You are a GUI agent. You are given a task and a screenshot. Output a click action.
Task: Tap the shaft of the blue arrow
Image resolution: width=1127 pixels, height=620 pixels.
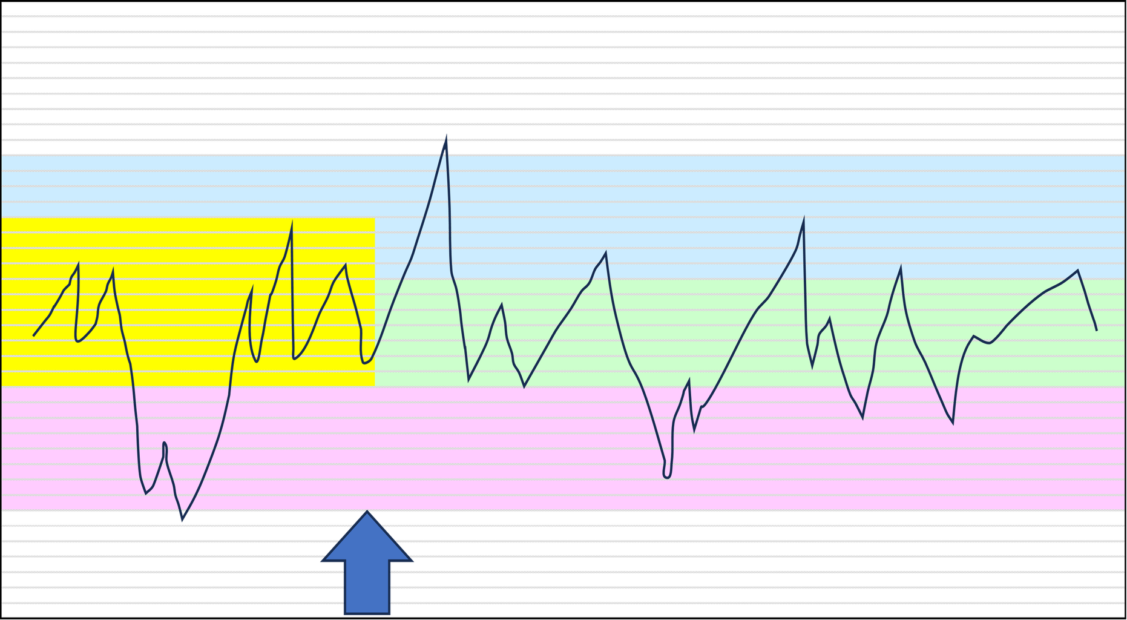point(367,587)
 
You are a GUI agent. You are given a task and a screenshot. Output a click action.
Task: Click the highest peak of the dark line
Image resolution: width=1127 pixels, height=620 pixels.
point(446,134)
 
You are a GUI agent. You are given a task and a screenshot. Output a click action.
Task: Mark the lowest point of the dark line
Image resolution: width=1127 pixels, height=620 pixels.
point(183,519)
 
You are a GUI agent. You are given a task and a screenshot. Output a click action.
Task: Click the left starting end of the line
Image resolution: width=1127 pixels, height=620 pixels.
point(34,335)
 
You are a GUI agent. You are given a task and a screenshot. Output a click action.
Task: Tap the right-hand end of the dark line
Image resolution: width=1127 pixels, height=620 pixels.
point(1096,330)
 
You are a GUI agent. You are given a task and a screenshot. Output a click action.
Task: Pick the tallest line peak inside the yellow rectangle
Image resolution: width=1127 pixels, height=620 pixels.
point(292,225)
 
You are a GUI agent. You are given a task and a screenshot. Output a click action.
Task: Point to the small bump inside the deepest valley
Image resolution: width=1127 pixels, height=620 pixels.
point(165,444)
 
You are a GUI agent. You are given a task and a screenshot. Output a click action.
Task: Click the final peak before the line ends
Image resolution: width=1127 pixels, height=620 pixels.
point(1078,271)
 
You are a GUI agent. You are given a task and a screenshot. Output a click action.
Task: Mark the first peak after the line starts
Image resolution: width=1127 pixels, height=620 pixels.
point(78,265)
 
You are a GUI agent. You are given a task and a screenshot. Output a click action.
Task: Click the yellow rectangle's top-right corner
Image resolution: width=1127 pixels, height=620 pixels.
point(375,218)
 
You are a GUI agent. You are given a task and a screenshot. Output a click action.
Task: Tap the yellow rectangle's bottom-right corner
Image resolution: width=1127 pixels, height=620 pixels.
point(375,386)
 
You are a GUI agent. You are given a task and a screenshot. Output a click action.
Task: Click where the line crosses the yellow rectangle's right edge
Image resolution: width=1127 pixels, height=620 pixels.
point(375,354)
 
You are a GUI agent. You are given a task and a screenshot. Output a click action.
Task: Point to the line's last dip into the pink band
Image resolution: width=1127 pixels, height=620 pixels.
point(952,423)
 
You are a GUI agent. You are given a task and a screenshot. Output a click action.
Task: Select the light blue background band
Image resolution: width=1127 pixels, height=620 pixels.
point(666,194)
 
